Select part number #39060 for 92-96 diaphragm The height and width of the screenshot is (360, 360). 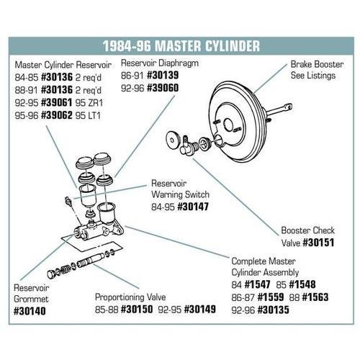pos(163,89)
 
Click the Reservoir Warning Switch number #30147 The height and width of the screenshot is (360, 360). pos(192,206)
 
